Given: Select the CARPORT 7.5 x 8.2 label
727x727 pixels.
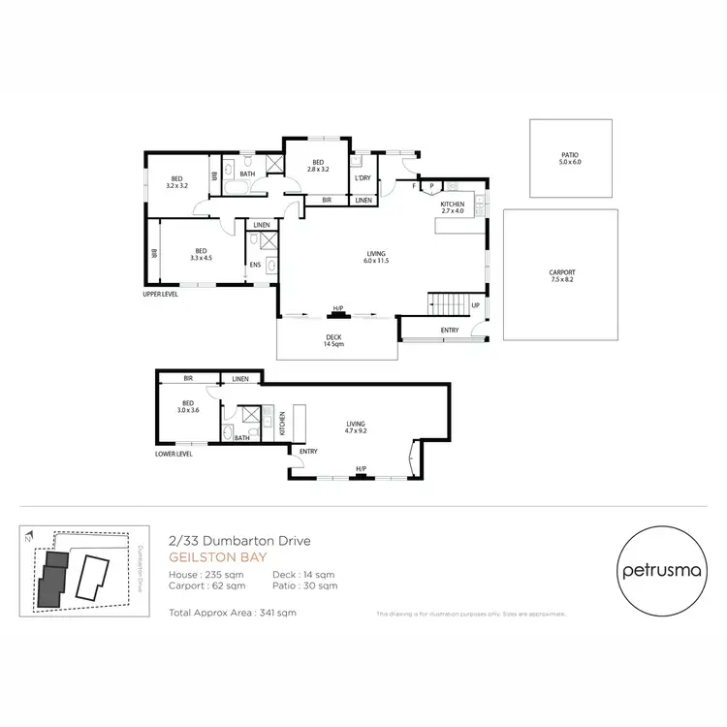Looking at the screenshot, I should pos(562,276).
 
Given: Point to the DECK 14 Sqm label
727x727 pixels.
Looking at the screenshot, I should pos(334,339).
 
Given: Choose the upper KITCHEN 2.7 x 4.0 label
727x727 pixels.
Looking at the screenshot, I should pos(453,207).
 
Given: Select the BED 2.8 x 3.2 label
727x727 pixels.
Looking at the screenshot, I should pos(318,166).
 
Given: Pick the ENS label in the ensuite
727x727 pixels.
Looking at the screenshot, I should pos(255,264).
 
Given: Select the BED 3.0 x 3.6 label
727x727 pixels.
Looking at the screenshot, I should pos(189,407).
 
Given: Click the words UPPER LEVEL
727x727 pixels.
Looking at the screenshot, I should pos(162,292).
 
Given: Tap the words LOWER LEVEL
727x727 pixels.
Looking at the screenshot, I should pos(174,454).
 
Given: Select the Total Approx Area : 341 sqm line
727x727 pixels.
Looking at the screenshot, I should pos(232,613).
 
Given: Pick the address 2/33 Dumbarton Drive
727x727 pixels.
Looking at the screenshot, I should pos(238,542).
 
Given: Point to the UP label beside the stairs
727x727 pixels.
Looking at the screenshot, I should pos(475,305).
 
